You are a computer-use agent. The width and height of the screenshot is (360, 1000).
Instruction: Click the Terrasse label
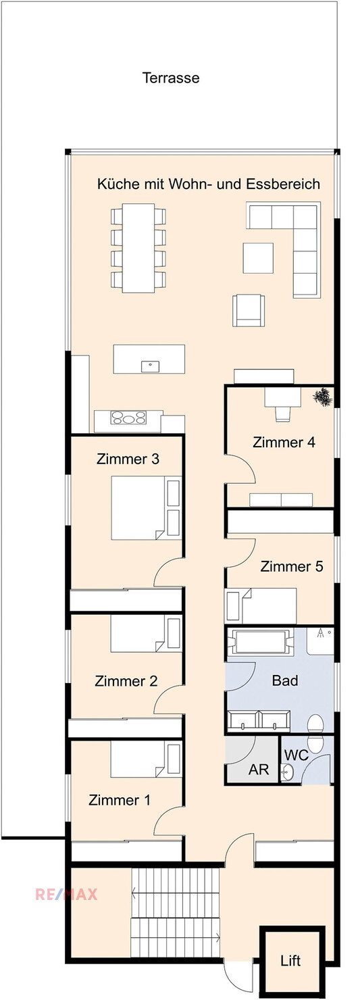coord(171,78)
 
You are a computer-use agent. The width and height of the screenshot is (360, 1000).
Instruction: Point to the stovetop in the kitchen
coord(129,418)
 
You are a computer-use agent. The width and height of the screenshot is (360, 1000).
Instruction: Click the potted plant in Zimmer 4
coord(322,397)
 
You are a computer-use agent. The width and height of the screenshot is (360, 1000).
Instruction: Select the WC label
coord(297,755)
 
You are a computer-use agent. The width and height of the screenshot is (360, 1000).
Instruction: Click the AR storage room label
coord(259,769)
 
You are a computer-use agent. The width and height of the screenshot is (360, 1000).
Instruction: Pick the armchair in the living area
coord(249,310)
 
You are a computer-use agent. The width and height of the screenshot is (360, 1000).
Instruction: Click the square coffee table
coord(258,257)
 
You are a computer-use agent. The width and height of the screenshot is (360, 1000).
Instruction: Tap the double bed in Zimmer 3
coord(147,508)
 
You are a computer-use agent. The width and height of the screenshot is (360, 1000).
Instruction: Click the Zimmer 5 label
coord(292,566)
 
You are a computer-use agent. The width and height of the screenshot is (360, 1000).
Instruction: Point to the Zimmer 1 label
coord(120,799)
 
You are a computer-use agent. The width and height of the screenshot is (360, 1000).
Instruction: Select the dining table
coord(138,248)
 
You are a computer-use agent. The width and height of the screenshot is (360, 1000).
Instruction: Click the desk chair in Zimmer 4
coord(282,413)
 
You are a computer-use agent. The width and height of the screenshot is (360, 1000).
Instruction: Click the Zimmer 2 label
coord(126,681)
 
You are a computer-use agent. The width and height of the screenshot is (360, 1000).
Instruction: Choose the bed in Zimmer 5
coord(262,606)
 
